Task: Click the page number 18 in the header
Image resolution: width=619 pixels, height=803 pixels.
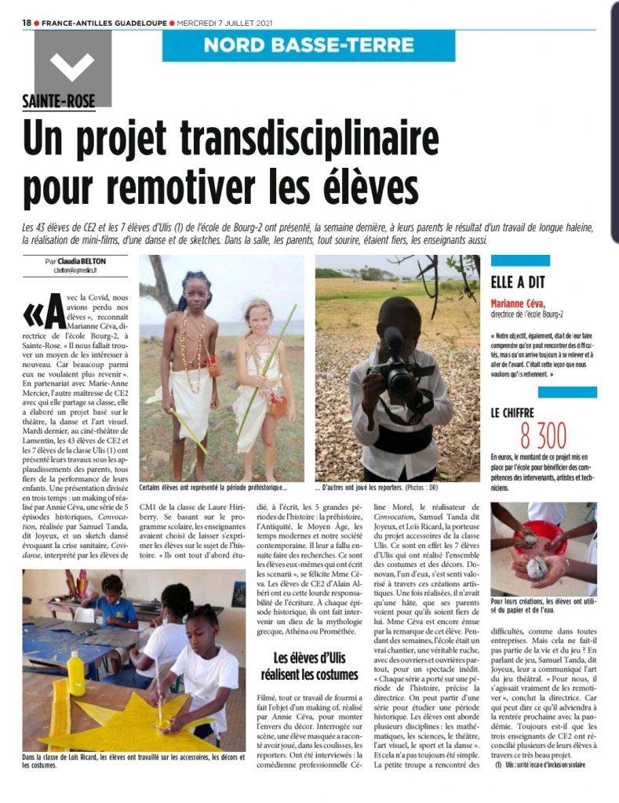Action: [26, 23]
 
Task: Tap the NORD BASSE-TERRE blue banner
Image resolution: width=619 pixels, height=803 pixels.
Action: [308, 45]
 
